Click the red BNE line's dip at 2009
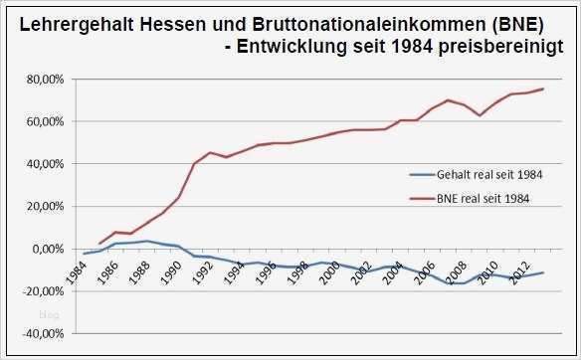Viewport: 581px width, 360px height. pyautogui.click(x=482, y=115)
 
